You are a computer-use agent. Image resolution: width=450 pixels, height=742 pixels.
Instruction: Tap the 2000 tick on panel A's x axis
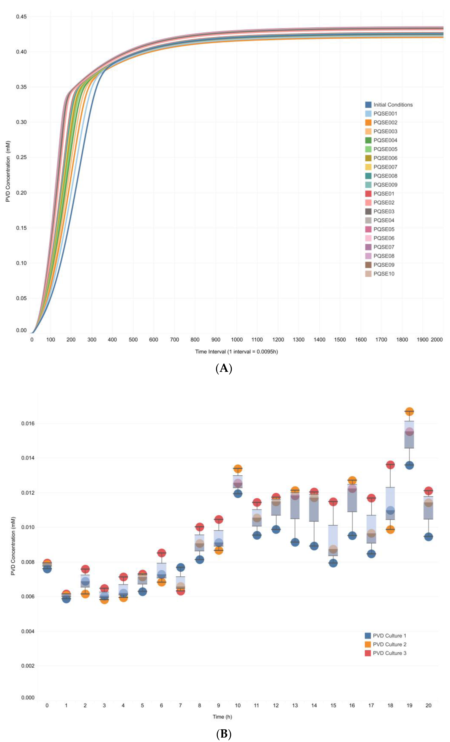click(x=436, y=340)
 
